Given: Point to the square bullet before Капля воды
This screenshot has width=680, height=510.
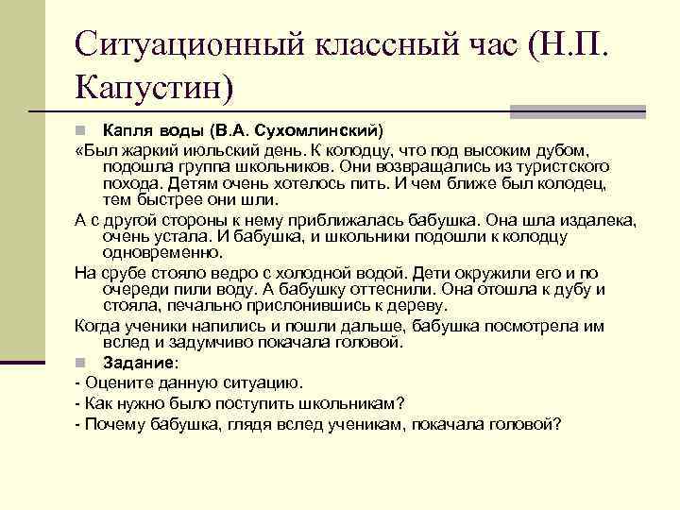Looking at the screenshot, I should (x=82, y=129).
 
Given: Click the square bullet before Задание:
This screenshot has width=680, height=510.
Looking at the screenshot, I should (x=82, y=362).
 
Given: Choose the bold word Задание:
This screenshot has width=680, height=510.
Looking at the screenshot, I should (x=140, y=362).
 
